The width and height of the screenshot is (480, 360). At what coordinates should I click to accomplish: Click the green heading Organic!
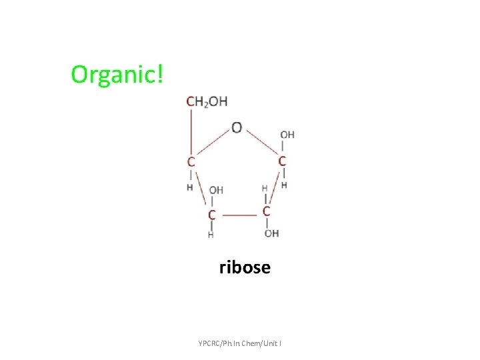[117, 74]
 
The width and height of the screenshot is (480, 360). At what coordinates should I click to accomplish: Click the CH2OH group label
[207, 101]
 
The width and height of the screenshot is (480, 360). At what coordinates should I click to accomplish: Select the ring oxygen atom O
[237, 127]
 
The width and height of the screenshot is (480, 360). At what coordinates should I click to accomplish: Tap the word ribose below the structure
[245, 268]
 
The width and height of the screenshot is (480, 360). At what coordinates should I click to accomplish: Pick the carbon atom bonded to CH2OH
[191, 161]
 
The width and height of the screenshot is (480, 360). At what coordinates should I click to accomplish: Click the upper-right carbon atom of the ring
[282, 161]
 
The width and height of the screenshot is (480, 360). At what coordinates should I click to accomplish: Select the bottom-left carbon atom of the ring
[212, 215]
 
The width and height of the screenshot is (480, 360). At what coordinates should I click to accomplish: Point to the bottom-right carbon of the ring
[266, 211]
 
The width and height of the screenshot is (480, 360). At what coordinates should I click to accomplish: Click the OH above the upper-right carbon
[287, 135]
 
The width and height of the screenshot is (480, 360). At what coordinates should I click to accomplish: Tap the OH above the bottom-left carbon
[216, 191]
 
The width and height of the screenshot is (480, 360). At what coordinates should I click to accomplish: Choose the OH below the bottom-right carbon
[271, 233]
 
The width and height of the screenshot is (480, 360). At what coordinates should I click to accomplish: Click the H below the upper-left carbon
[190, 187]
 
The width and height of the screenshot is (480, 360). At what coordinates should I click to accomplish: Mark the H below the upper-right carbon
[284, 185]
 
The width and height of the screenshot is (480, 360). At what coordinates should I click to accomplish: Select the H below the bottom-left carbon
[211, 235]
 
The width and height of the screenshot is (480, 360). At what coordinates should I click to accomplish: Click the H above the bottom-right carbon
[265, 189]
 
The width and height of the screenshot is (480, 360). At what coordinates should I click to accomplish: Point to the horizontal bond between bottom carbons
[239, 215]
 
